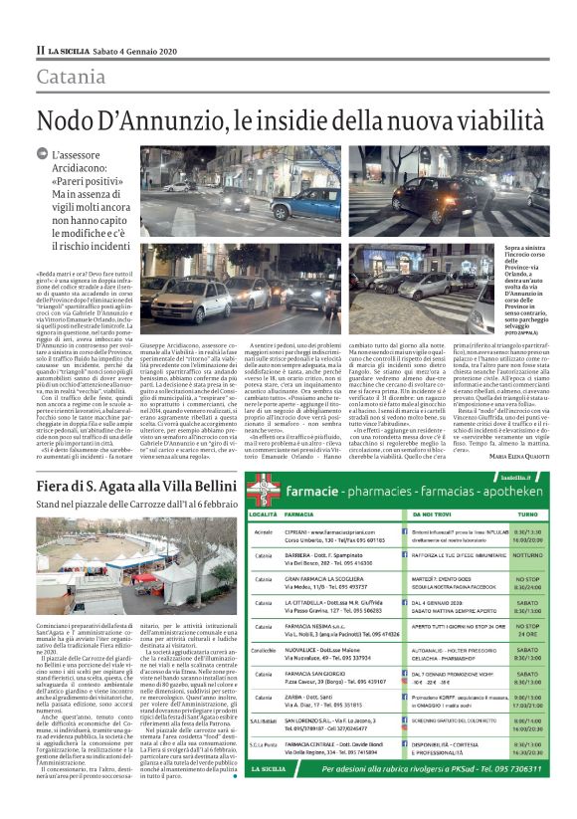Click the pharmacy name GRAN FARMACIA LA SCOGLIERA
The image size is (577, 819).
tap(331, 579)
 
